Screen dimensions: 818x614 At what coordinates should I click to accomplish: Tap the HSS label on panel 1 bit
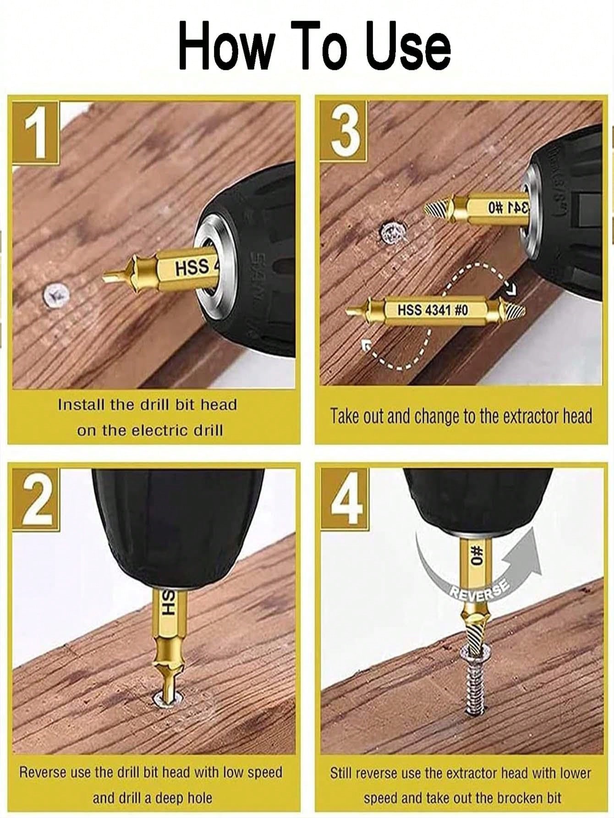[193, 267]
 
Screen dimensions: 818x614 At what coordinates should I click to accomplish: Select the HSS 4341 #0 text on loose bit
[432, 310]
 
